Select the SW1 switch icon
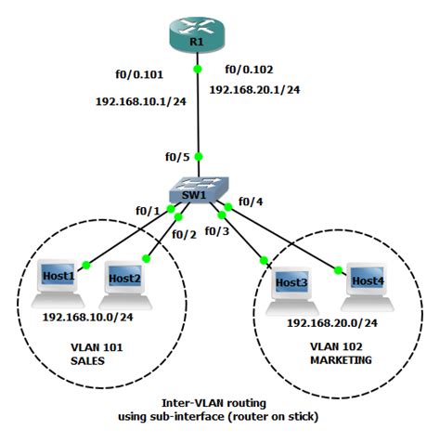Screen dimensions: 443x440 tap(198, 191)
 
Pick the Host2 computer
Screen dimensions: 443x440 tap(123, 285)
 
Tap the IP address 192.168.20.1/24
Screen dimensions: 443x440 tap(254, 90)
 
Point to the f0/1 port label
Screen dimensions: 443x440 tap(149, 211)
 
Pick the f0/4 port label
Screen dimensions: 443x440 tap(251, 201)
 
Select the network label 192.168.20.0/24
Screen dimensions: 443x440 tap(331, 322)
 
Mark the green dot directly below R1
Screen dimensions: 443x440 tap(197, 70)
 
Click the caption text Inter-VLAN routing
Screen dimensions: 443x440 tap(219, 403)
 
